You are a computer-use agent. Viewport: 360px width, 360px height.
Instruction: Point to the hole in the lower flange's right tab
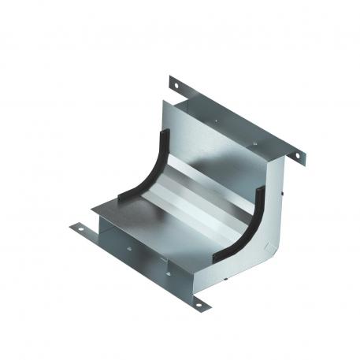tap(199, 303)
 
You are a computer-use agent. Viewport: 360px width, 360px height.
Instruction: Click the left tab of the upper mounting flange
tap(176, 84)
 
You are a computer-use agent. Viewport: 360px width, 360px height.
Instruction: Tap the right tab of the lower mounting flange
tap(196, 302)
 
